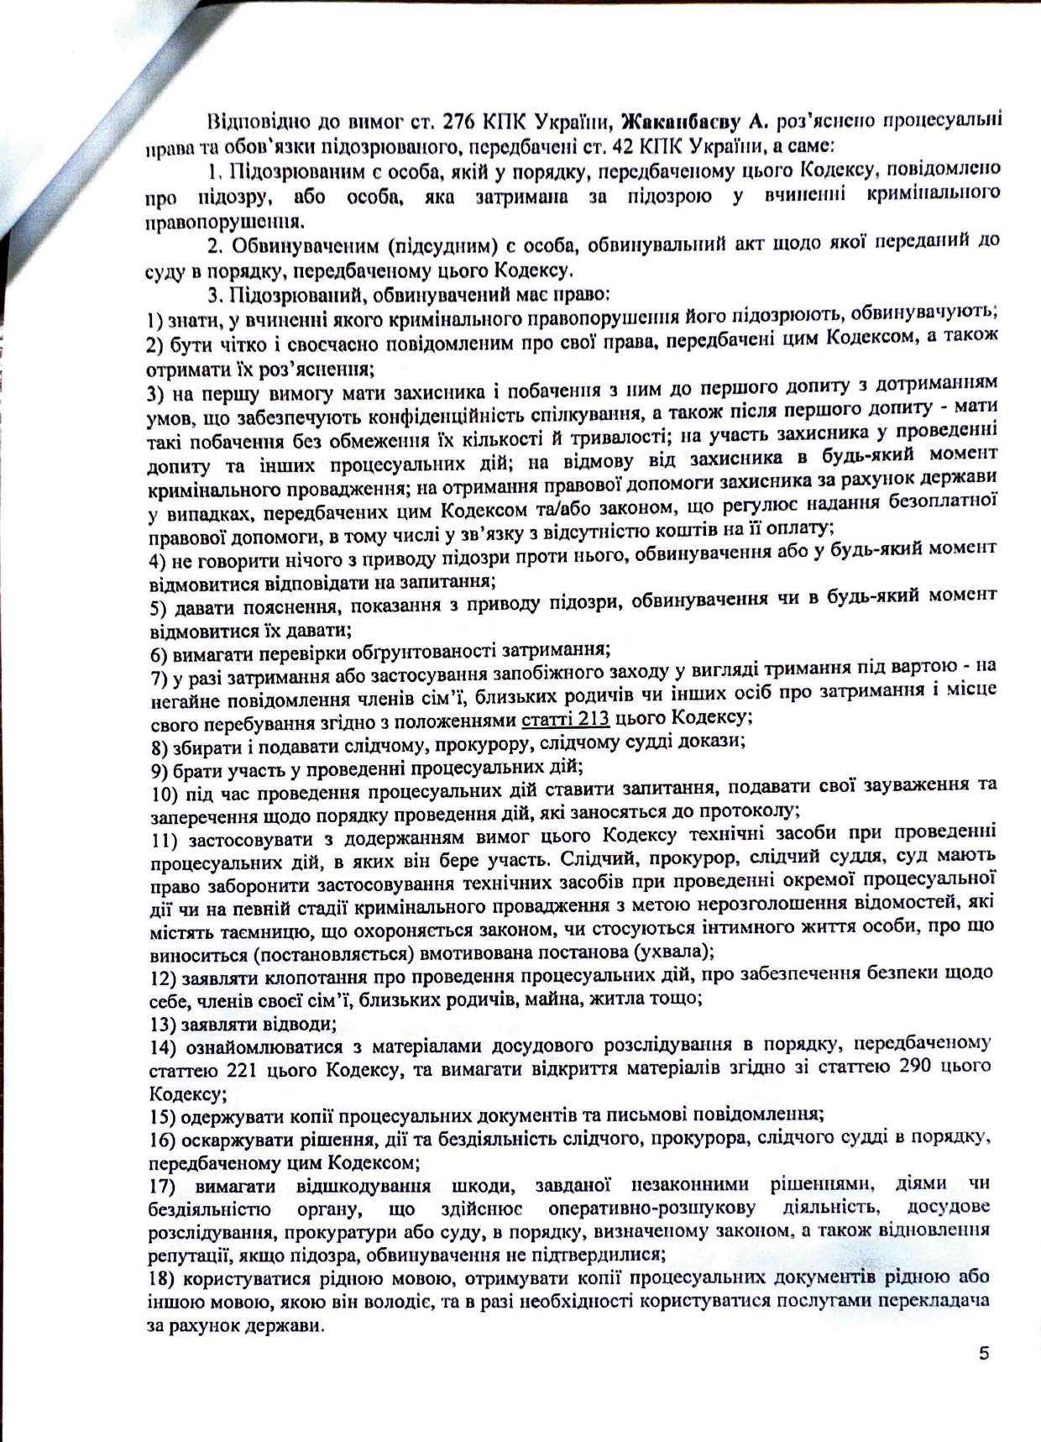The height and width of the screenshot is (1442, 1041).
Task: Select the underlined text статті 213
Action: tap(566, 719)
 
